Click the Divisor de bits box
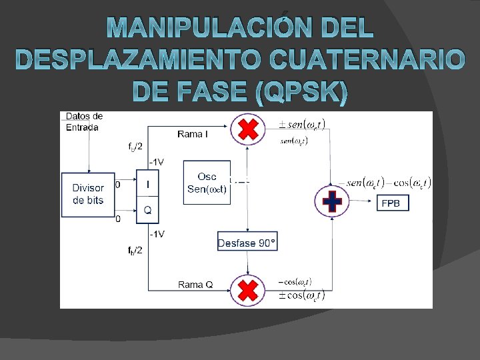[88, 195]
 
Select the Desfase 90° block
[247, 242]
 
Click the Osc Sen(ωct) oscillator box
[207, 182]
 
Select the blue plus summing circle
[332, 201]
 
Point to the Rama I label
[193, 134]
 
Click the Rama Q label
[195, 285]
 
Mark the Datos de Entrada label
[83, 121]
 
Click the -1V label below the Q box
[157, 233]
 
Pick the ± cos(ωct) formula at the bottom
[301, 295]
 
